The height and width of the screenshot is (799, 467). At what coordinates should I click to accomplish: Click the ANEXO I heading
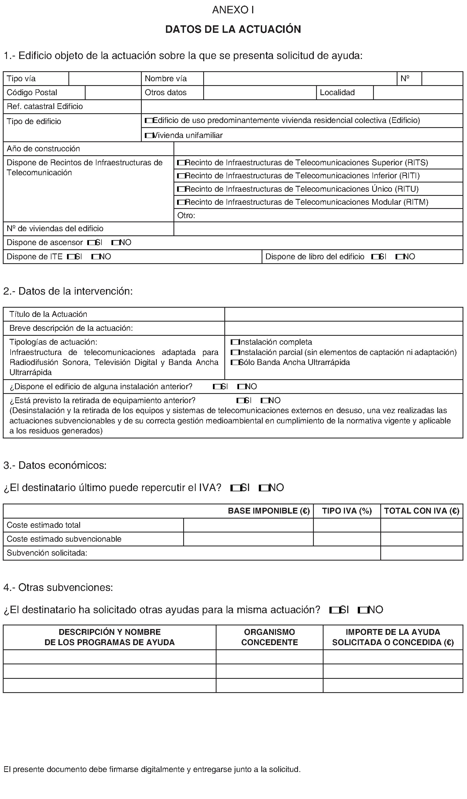[x=233, y=10]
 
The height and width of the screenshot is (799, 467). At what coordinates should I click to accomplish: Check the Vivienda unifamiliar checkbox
[x=148, y=136]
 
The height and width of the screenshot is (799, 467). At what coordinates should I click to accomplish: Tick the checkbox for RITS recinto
[x=181, y=163]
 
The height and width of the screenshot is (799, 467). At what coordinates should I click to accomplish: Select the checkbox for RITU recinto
[x=181, y=189]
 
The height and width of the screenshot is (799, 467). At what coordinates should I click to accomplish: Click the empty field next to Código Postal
[x=113, y=93]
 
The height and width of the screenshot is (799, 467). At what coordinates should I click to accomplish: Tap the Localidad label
[x=337, y=93]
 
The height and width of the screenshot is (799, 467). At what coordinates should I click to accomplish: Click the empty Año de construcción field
[x=318, y=149]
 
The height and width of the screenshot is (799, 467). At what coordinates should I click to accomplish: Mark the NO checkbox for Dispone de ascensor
[x=115, y=243]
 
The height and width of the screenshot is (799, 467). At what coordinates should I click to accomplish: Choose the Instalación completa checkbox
[x=235, y=342]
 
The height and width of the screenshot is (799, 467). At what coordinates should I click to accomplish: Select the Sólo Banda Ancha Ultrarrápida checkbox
[x=235, y=362]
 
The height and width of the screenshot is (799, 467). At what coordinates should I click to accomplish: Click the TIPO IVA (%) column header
[x=347, y=511]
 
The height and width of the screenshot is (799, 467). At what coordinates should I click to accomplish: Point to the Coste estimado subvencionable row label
[x=64, y=539]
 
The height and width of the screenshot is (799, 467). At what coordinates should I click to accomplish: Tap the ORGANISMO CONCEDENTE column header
[x=269, y=637]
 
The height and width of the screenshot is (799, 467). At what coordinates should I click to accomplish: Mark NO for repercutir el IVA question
[x=263, y=488]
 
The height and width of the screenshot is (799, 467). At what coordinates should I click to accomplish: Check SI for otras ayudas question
[x=334, y=610]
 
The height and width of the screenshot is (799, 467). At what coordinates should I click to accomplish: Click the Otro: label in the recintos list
[x=186, y=216]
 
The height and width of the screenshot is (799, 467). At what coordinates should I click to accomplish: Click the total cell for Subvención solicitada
[x=421, y=553]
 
